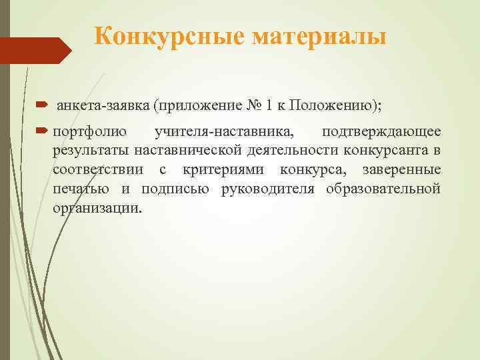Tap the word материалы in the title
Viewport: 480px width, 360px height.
click(319, 36)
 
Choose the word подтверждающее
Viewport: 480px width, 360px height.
click(381, 131)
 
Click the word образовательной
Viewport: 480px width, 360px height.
click(383, 188)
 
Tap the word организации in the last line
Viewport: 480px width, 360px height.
click(97, 207)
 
